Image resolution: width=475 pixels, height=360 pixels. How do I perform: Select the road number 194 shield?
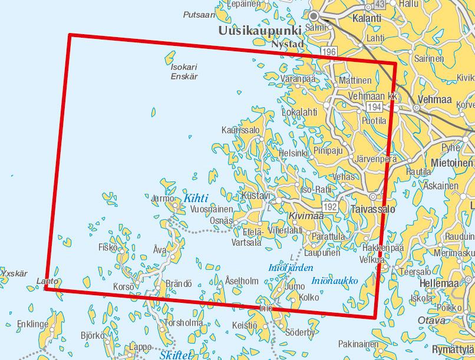pyautogui.click(x=373, y=107)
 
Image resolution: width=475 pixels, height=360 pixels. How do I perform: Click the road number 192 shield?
pyautogui.click(x=330, y=206)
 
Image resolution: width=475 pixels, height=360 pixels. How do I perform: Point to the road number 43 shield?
pyautogui.click(x=380, y=5)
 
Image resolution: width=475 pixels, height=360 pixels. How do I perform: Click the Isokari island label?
pyautogui.click(x=184, y=67)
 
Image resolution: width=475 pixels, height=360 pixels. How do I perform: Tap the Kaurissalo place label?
pyautogui.click(x=240, y=130)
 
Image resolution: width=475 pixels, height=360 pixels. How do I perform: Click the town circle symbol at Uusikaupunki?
pyautogui.click(x=314, y=16)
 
